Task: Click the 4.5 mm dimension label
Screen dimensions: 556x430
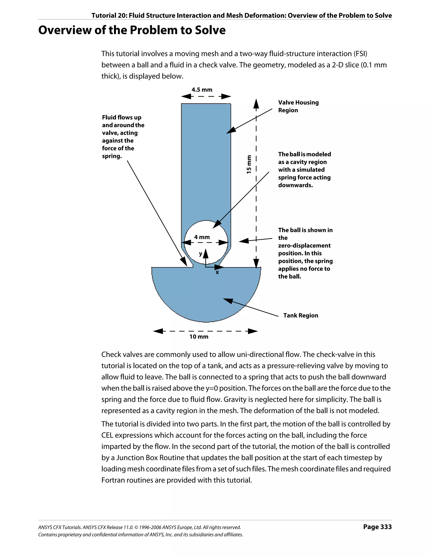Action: pyautogui.click(x=202, y=90)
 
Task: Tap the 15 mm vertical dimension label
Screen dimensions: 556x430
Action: pyautogui.click(x=249, y=164)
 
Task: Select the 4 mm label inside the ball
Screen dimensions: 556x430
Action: pyautogui.click(x=202, y=237)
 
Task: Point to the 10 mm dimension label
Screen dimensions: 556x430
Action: pyautogui.click(x=199, y=336)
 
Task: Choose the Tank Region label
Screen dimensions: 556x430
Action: pyautogui.click(x=300, y=315)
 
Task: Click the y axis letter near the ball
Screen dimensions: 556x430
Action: pyautogui.click(x=201, y=254)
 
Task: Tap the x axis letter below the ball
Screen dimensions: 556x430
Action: pyautogui.click(x=217, y=272)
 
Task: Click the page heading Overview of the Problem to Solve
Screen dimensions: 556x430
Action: pyautogui.click(x=132, y=30)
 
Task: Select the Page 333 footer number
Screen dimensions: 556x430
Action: pyautogui.click(x=377, y=527)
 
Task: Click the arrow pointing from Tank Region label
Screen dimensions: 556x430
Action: pyautogui.click(x=251, y=307)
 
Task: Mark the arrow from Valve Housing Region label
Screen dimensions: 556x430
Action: pyautogui.click(x=249, y=121)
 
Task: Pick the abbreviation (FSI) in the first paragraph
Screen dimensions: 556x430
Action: pyautogui.click(x=360, y=54)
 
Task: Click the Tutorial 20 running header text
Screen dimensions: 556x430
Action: pyautogui.click(x=241, y=16)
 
